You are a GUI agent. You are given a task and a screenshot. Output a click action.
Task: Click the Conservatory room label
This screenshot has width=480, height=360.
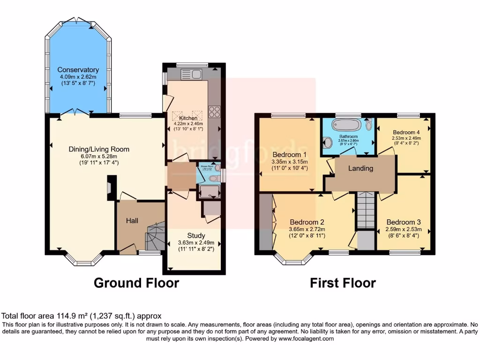click(79, 70)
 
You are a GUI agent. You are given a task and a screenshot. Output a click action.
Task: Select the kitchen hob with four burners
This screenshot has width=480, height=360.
click(214, 112)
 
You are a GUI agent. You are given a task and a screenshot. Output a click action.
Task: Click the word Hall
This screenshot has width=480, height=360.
click(132, 220)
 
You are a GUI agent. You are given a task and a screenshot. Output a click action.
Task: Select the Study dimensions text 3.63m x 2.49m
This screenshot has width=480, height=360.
click(195, 243)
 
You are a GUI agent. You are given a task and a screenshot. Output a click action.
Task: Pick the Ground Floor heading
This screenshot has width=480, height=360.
click(136, 283)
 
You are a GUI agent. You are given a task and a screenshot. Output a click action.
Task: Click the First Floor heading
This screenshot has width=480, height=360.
click(343, 283)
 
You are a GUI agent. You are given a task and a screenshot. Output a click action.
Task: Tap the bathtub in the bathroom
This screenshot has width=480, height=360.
click(346, 126)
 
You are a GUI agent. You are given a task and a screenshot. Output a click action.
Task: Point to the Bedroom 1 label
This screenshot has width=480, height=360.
click(289, 155)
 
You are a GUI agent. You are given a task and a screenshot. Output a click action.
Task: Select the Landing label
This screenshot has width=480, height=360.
click(360, 168)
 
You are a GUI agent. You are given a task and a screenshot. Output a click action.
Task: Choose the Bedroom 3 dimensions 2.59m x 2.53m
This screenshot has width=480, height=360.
click(404, 230)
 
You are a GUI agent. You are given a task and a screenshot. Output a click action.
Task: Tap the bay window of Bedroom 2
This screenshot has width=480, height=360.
click(294, 257)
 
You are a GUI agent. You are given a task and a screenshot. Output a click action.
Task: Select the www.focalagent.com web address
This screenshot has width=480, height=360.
click(305, 338)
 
